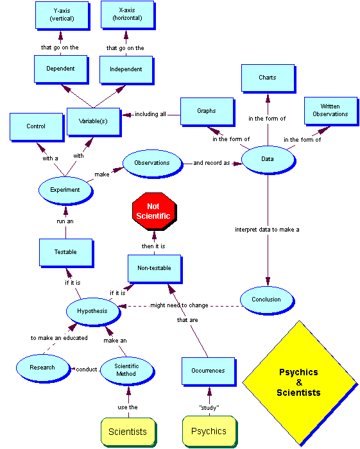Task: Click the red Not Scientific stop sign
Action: point(153,211)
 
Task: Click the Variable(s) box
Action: point(92,121)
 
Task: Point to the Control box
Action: point(35,126)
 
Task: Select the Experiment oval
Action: point(65,190)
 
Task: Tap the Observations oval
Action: point(151,163)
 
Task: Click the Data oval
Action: point(268,158)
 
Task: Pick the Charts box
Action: point(268,78)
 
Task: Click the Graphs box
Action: point(206,111)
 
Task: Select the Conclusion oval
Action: point(266,299)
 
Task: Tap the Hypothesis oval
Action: point(93,311)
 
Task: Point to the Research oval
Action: point(42,368)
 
